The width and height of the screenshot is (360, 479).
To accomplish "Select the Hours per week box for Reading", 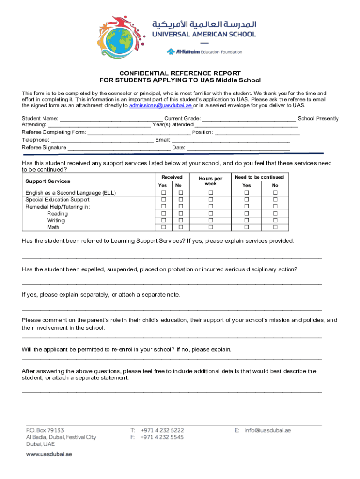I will click(x=210, y=214).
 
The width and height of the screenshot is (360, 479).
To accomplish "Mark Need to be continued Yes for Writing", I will click(x=246, y=220).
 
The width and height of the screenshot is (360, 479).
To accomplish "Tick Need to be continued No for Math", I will click(x=275, y=227).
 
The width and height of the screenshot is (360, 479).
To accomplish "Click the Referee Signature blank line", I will click(x=119, y=148).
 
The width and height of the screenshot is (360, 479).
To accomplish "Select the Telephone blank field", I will click(x=102, y=140).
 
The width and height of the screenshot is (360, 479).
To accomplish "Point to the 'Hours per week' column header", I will click(x=210, y=181).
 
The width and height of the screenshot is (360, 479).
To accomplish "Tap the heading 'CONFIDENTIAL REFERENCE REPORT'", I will click(x=180, y=73).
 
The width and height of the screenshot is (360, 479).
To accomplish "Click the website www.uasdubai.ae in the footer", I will click(x=49, y=454).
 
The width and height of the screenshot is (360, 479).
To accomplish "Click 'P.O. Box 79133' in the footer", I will click(x=45, y=430).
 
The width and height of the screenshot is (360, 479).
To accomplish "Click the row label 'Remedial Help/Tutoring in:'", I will click(x=58, y=207).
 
